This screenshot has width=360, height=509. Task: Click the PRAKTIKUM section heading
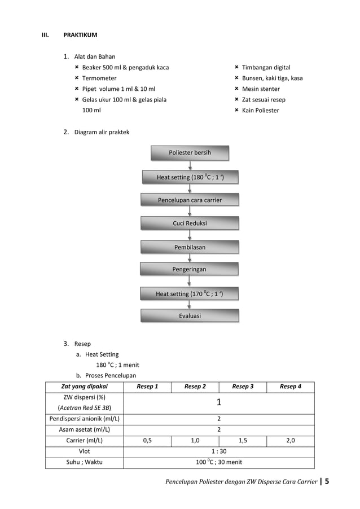point(80,35)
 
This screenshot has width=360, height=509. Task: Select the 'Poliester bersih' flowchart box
point(190,153)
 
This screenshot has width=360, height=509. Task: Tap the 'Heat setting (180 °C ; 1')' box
point(190,178)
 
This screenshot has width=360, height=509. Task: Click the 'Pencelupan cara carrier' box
point(190,200)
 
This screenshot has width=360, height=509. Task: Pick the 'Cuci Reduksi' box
point(190,223)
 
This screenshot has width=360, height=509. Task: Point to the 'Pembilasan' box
point(190,247)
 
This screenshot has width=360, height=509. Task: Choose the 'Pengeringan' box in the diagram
point(190,270)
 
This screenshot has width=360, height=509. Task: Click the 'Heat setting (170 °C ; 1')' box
point(190,294)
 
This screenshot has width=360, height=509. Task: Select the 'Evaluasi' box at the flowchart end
point(190,316)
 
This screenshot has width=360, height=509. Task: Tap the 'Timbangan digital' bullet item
point(266,67)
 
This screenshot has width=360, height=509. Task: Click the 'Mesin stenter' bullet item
point(261,89)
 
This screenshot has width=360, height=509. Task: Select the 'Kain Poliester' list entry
point(260,110)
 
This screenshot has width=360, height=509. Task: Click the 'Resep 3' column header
point(243,387)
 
